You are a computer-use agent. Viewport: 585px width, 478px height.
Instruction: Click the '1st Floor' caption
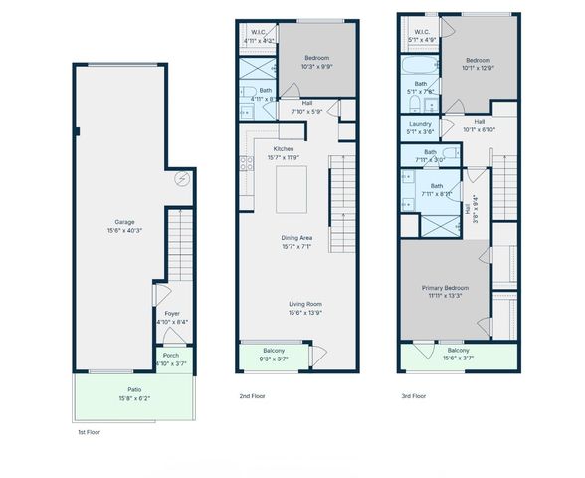click(89, 433)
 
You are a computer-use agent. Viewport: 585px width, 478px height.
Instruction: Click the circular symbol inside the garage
click(181, 179)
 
